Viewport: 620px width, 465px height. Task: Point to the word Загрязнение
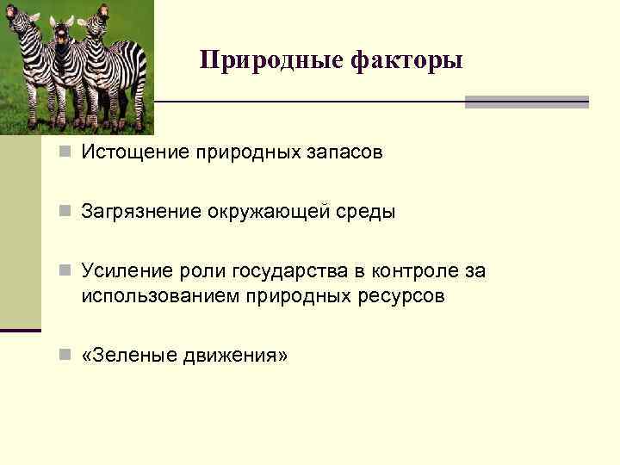(140, 212)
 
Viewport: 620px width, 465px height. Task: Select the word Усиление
(123, 271)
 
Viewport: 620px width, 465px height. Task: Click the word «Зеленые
(128, 355)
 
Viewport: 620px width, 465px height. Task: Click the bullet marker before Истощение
(66, 153)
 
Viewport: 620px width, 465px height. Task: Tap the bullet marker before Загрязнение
(66, 213)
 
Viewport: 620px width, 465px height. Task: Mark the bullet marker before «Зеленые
(66, 356)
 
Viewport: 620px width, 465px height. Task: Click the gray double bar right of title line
(526, 102)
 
